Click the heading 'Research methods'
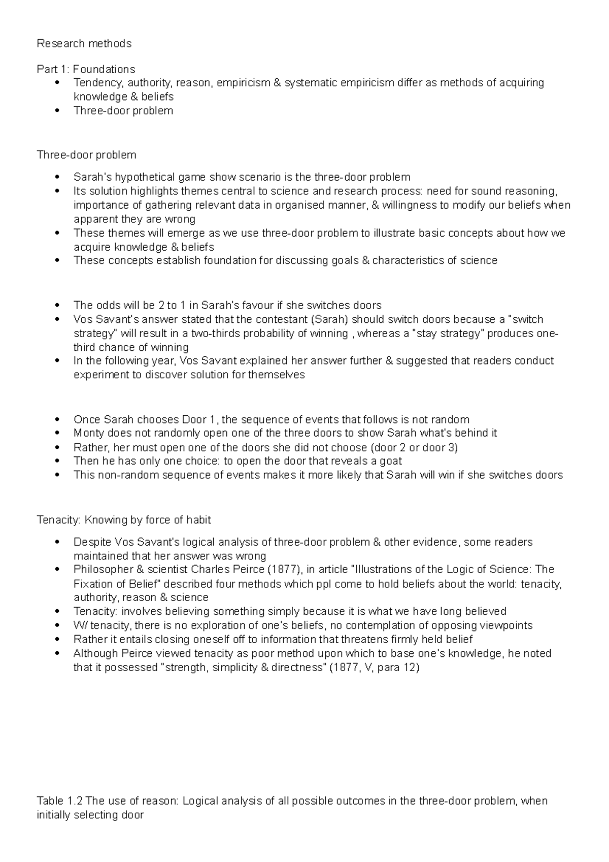tap(84, 44)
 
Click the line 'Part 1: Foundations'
tap(86, 69)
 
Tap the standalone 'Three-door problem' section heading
tap(86, 155)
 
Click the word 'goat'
tap(391, 461)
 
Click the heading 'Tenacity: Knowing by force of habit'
tap(124, 520)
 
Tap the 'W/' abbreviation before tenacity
tap(80, 625)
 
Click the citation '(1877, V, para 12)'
tap(375, 668)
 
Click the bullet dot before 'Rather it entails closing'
tap(59, 639)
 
